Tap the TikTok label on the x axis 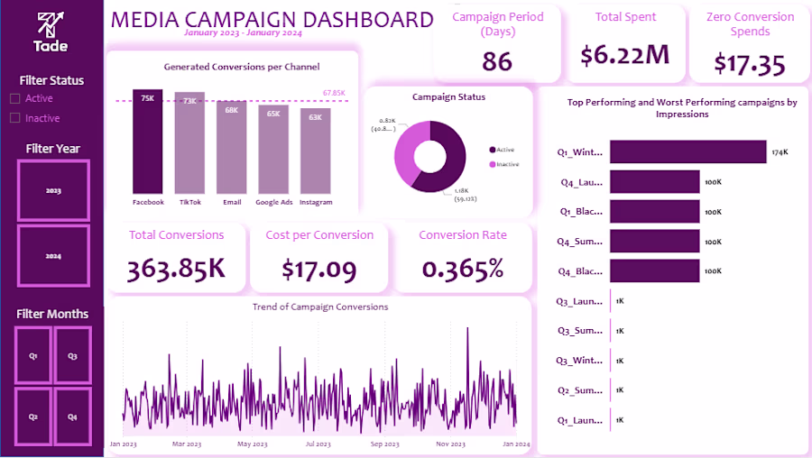coord(189,202)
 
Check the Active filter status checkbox coord(14,98)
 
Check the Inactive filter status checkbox coord(14,118)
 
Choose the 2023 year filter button coord(54,190)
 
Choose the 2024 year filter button coord(54,256)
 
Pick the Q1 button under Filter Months coord(33,355)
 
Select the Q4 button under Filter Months coord(72,417)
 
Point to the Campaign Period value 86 coord(497,60)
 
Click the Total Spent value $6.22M coord(625,55)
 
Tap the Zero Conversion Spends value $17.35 coord(749,63)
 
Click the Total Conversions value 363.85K coord(176,269)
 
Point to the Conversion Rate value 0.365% coord(463,269)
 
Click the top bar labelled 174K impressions coord(687,152)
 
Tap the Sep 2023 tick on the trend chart coord(385,444)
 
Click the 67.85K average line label coord(334,93)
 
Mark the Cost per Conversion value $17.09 coord(318,269)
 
